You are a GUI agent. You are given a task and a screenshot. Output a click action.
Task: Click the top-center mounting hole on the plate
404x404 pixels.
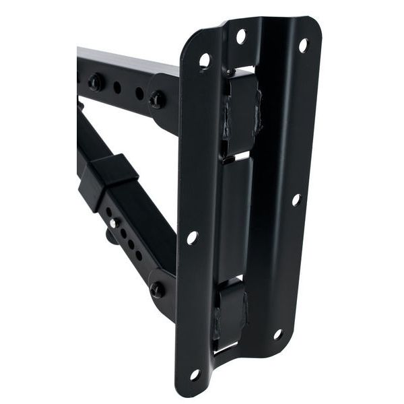[x=240, y=36]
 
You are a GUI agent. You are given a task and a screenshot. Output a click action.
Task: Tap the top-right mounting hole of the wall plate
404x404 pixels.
[x=303, y=45]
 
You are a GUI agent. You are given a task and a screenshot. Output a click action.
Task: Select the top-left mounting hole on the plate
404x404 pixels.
[x=205, y=61]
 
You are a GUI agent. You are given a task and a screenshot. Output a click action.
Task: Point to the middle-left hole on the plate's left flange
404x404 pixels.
[x=192, y=238]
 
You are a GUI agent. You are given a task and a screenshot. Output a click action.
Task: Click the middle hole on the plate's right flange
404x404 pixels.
[x=296, y=199]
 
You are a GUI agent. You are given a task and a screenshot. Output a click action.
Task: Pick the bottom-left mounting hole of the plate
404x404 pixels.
[x=195, y=374]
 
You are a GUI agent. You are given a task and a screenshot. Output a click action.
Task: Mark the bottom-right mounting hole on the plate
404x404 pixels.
[x=277, y=334]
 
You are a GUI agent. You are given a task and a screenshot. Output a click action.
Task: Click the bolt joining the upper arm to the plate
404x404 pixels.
[x=158, y=99]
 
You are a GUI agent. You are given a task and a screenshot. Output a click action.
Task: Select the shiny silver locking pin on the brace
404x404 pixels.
[x=115, y=222]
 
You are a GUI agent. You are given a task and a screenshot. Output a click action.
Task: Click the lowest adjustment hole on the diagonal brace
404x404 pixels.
[x=139, y=255]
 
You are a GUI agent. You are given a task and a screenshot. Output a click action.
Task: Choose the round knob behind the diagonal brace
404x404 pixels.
[x=110, y=236]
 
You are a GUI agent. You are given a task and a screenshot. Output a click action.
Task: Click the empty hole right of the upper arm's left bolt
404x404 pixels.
[x=117, y=88]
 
